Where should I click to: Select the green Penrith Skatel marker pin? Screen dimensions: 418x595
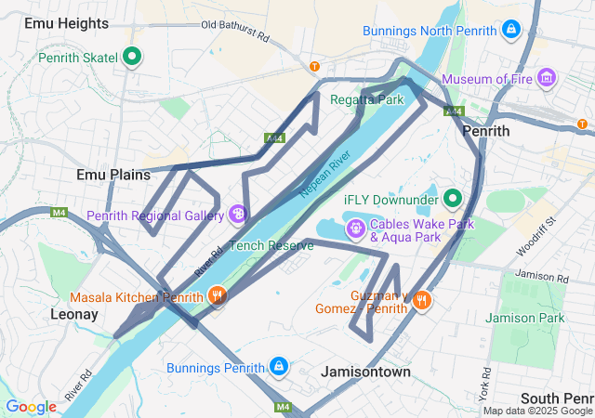[132, 58]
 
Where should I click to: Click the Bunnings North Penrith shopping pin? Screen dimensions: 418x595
[509, 30]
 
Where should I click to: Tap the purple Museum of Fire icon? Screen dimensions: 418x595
[547, 76]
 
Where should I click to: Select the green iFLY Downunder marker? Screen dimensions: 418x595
[453, 199]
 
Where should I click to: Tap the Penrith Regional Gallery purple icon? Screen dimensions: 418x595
[239, 216]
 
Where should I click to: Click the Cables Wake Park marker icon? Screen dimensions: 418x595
[355, 225]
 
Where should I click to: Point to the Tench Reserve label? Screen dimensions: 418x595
[271, 245]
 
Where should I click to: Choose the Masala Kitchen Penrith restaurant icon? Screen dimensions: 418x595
[217, 296]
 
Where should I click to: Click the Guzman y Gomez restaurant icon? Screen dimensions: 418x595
[422, 299]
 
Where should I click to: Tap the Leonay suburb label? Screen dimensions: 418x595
[73, 314]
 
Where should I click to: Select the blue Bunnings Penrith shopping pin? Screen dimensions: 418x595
[278, 367]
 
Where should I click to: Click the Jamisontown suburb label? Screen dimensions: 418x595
[365, 371]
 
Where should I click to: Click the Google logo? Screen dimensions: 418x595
[31, 406]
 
